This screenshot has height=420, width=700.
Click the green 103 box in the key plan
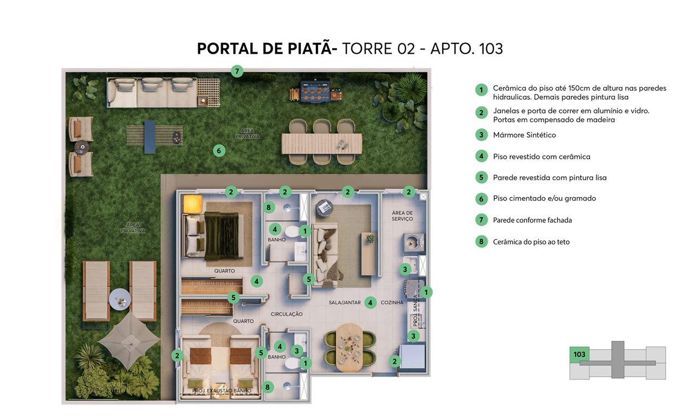pos(580,355)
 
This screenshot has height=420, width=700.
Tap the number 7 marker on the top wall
pos(237,71)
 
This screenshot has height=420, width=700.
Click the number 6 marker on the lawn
pos(219,151)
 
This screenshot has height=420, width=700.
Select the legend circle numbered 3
pos(481,135)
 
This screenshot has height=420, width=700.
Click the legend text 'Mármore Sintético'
pos(524,135)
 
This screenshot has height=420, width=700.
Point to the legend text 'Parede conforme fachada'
pos(533,220)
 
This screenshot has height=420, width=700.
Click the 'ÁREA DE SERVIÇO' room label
pos(402,216)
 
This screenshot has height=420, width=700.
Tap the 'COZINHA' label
pos(392,302)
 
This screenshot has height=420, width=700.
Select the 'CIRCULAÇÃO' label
pos(287,314)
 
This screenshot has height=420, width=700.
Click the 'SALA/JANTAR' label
pos(345,302)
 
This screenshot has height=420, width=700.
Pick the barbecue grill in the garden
pos(316,91)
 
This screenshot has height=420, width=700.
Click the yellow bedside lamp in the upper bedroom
pos(193,204)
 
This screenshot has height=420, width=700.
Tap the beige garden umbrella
pos(129,340)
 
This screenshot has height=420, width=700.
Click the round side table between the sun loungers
pos(120,300)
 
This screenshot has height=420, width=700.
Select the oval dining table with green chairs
pos(349,348)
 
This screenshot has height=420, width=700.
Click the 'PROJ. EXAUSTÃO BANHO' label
pos(222,390)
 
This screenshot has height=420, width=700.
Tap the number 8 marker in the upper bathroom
pos(268,208)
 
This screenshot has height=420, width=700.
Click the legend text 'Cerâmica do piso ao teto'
pos(531,241)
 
